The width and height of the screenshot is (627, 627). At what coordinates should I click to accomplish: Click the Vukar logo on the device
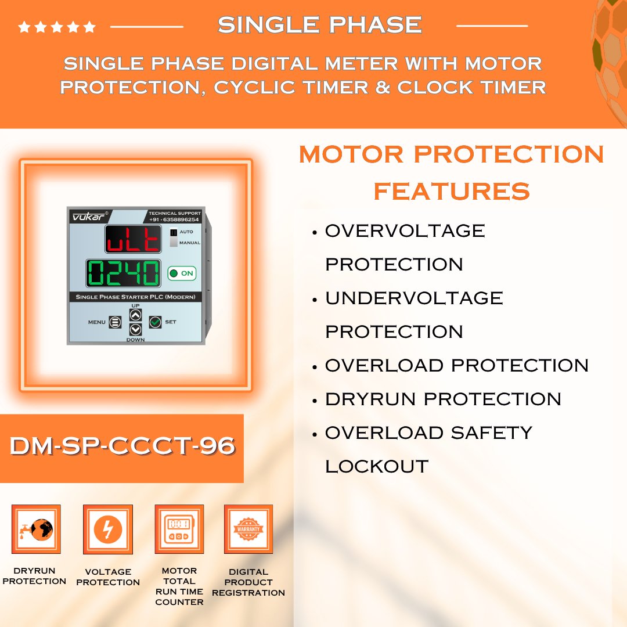pyautogui.click(x=89, y=217)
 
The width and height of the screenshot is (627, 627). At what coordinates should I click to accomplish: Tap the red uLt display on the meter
pyautogui.click(x=133, y=239)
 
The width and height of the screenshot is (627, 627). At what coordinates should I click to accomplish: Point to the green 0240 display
pyautogui.click(x=124, y=273)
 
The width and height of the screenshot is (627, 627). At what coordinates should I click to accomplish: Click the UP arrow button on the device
pyautogui.click(x=135, y=315)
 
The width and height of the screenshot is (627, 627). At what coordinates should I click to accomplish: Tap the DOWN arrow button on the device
pyautogui.click(x=135, y=330)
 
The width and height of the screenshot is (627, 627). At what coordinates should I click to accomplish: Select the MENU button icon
pyautogui.click(x=115, y=322)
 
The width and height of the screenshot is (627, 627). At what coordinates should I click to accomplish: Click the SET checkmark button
pyautogui.click(x=155, y=322)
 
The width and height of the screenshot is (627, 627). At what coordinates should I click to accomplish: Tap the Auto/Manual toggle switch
pyautogui.click(x=174, y=237)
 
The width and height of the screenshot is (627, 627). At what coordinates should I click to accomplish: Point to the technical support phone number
pyautogui.click(x=174, y=219)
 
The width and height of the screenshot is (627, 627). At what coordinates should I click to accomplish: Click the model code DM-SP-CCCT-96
pyautogui.click(x=122, y=446)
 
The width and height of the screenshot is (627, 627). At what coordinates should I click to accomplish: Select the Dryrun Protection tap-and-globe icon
pyautogui.click(x=36, y=529)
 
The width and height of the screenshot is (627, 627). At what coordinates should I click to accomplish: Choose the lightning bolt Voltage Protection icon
pyautogui.click(x=108, y=529)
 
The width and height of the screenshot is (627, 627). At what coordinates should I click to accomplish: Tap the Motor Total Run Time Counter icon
pyautogui.click(x=179, y=529)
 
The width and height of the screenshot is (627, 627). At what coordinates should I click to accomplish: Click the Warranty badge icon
pyautogui.click(x=248, y=529)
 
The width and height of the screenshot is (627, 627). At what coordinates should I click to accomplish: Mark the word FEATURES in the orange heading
pyautogui.click(x=452, y=191)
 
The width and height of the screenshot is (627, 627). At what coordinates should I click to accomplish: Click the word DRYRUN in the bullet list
pyautogui.click(x=370, y=399)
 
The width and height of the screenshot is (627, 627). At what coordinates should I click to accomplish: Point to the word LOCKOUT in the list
pyautogui.click(x=377, y=467)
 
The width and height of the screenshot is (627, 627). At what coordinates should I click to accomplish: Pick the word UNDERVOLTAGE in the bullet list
pyautogui.click(x=414, y=298)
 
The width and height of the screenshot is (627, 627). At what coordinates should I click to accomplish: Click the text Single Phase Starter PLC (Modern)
pyautogui.click(x=135, y=297)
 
